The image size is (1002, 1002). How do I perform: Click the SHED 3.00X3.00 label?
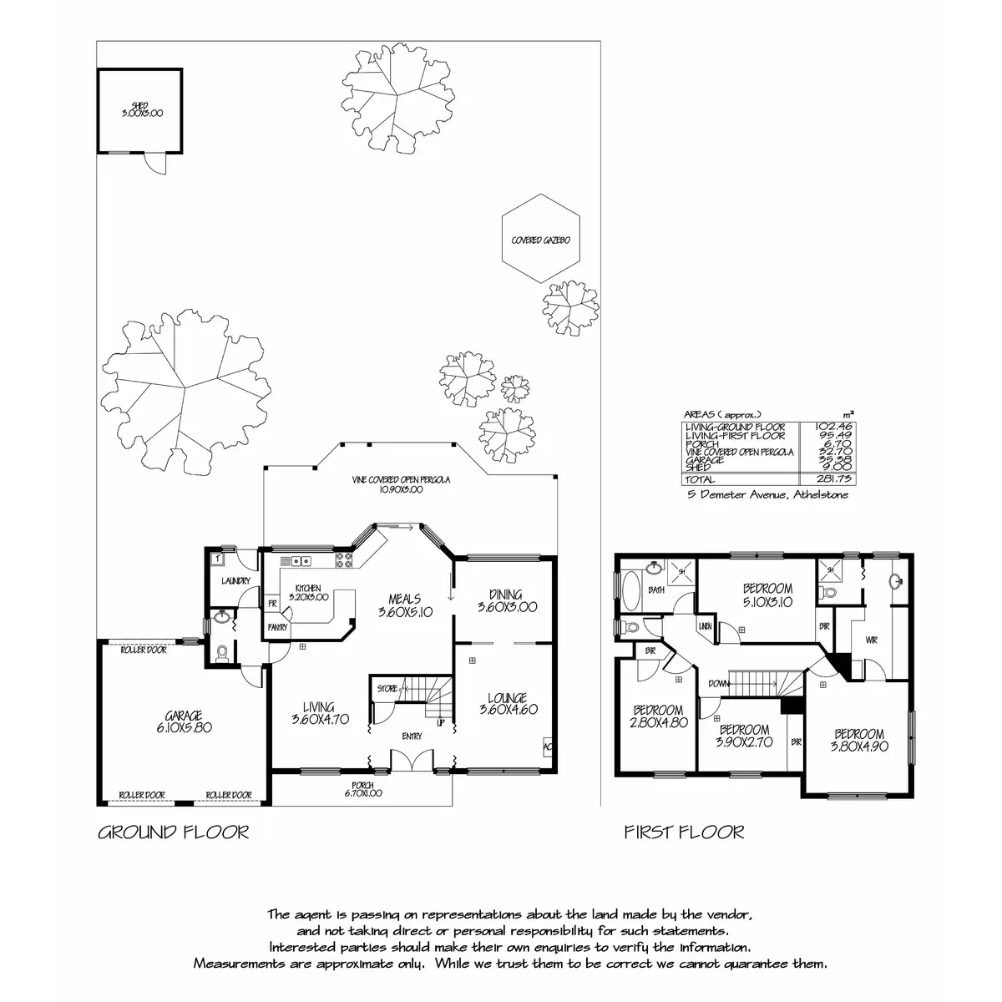click(139, 109)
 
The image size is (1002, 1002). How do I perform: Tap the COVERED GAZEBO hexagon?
click(541, 240)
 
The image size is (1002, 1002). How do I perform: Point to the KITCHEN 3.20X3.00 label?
click(308, 593)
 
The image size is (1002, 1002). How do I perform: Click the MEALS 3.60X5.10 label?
click(404, 605)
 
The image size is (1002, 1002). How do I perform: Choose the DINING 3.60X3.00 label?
click(507, 601)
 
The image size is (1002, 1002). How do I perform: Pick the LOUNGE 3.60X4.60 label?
click(508, 704)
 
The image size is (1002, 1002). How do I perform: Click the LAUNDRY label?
click(236, 581)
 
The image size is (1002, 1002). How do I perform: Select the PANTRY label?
click(277, 626)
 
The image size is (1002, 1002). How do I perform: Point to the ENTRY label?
click(412, 736)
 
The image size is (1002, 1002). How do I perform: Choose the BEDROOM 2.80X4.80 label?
click(656, 717)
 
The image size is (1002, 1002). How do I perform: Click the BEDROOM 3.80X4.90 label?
click(858, 741)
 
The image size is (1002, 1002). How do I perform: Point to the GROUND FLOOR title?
click(174, 832)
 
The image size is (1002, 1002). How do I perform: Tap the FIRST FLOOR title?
click(684, 832)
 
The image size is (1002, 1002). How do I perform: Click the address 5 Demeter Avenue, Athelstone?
click(767, 495)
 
